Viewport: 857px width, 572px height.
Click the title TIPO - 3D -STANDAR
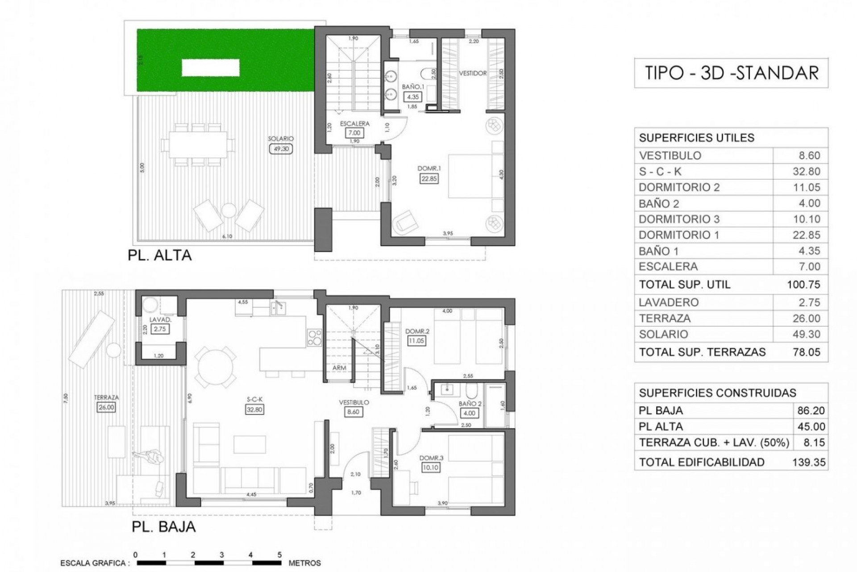coord(731,72)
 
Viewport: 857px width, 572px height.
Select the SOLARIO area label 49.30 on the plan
coord(281,149)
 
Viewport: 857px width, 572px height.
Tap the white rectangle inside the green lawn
coord(210,68)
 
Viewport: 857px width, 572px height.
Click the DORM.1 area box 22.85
coord(429,178)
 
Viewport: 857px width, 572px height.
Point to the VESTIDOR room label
coord(473,73)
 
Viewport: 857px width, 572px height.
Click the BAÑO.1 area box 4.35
coord(412,97)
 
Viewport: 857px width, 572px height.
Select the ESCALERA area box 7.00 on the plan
coord(354,133)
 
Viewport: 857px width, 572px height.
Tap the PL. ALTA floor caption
coord(159,255)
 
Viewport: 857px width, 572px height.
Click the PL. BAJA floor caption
coord(163,526)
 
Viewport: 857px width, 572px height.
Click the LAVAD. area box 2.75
coord(159,329)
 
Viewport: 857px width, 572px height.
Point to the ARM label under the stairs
coord(339,368)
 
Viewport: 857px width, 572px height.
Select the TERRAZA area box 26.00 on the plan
coord(106,407)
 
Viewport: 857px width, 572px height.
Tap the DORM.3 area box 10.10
coord(430,467)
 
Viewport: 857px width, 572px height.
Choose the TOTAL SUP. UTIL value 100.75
coord(803,285)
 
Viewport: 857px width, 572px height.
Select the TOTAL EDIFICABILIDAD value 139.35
coord(808,462)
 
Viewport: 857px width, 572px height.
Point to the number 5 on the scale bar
coord(279,555)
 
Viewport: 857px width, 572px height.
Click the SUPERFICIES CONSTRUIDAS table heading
coord(717,393)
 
